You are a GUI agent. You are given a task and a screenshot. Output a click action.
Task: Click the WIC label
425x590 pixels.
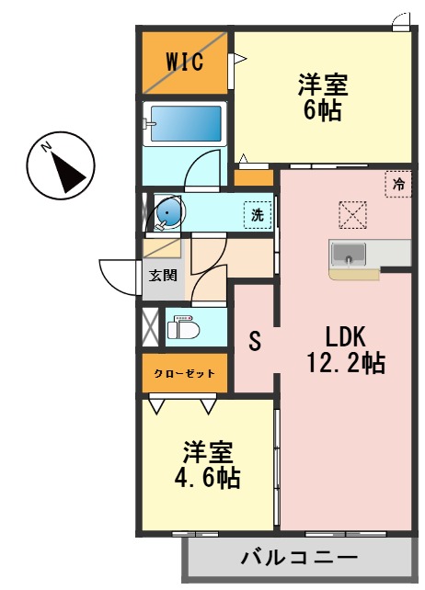(x=184, y=62)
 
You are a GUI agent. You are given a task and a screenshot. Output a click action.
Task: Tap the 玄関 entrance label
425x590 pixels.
(x=164, y=275)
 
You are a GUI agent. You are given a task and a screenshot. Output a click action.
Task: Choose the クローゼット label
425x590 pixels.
(x=184, y=373)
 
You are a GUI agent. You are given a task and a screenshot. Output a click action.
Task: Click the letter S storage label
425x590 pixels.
(x=256, y=341)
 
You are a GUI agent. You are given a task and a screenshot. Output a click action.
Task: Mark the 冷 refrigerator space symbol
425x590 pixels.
(x=398, y=184)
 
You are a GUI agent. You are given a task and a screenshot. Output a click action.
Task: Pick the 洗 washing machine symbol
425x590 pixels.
(x=258, y=215)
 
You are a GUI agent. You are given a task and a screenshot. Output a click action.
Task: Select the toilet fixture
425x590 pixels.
(x=182, y=327)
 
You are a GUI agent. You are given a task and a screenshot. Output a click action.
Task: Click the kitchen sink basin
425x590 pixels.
(x=349, y=254)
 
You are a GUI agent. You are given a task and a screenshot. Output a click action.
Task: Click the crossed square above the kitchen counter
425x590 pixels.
(x=352, y=216)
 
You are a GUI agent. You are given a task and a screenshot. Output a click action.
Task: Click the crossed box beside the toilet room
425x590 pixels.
(x=150, y=326)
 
